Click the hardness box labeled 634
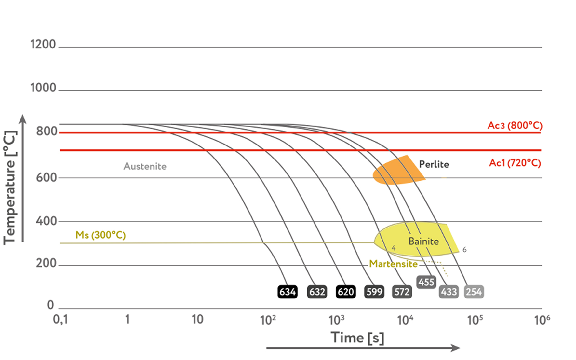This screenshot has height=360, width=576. point(288,292)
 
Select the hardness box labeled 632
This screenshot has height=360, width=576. point(317,292)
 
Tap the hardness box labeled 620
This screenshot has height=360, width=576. point(345,292)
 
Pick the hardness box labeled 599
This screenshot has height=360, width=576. point(374,292)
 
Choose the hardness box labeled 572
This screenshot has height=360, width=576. point(402,292)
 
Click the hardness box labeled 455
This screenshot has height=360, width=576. point(426,282)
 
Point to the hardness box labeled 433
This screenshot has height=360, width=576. point(449,292)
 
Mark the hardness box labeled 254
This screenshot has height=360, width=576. point(474,292)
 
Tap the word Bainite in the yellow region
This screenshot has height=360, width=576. point(423,242)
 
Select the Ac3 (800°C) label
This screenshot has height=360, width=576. point(515,126)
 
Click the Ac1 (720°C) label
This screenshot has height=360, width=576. point(515,163)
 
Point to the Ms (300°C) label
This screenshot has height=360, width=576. point(100,235)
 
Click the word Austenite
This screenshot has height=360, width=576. point(145,166)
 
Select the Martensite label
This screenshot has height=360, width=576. point(393,264)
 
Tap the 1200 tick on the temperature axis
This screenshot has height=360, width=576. point(43,44)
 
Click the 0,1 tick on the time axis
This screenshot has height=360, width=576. point(60,320)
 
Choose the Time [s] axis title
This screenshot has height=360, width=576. point(357,338)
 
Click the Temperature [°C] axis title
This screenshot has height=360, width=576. point(10,187)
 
